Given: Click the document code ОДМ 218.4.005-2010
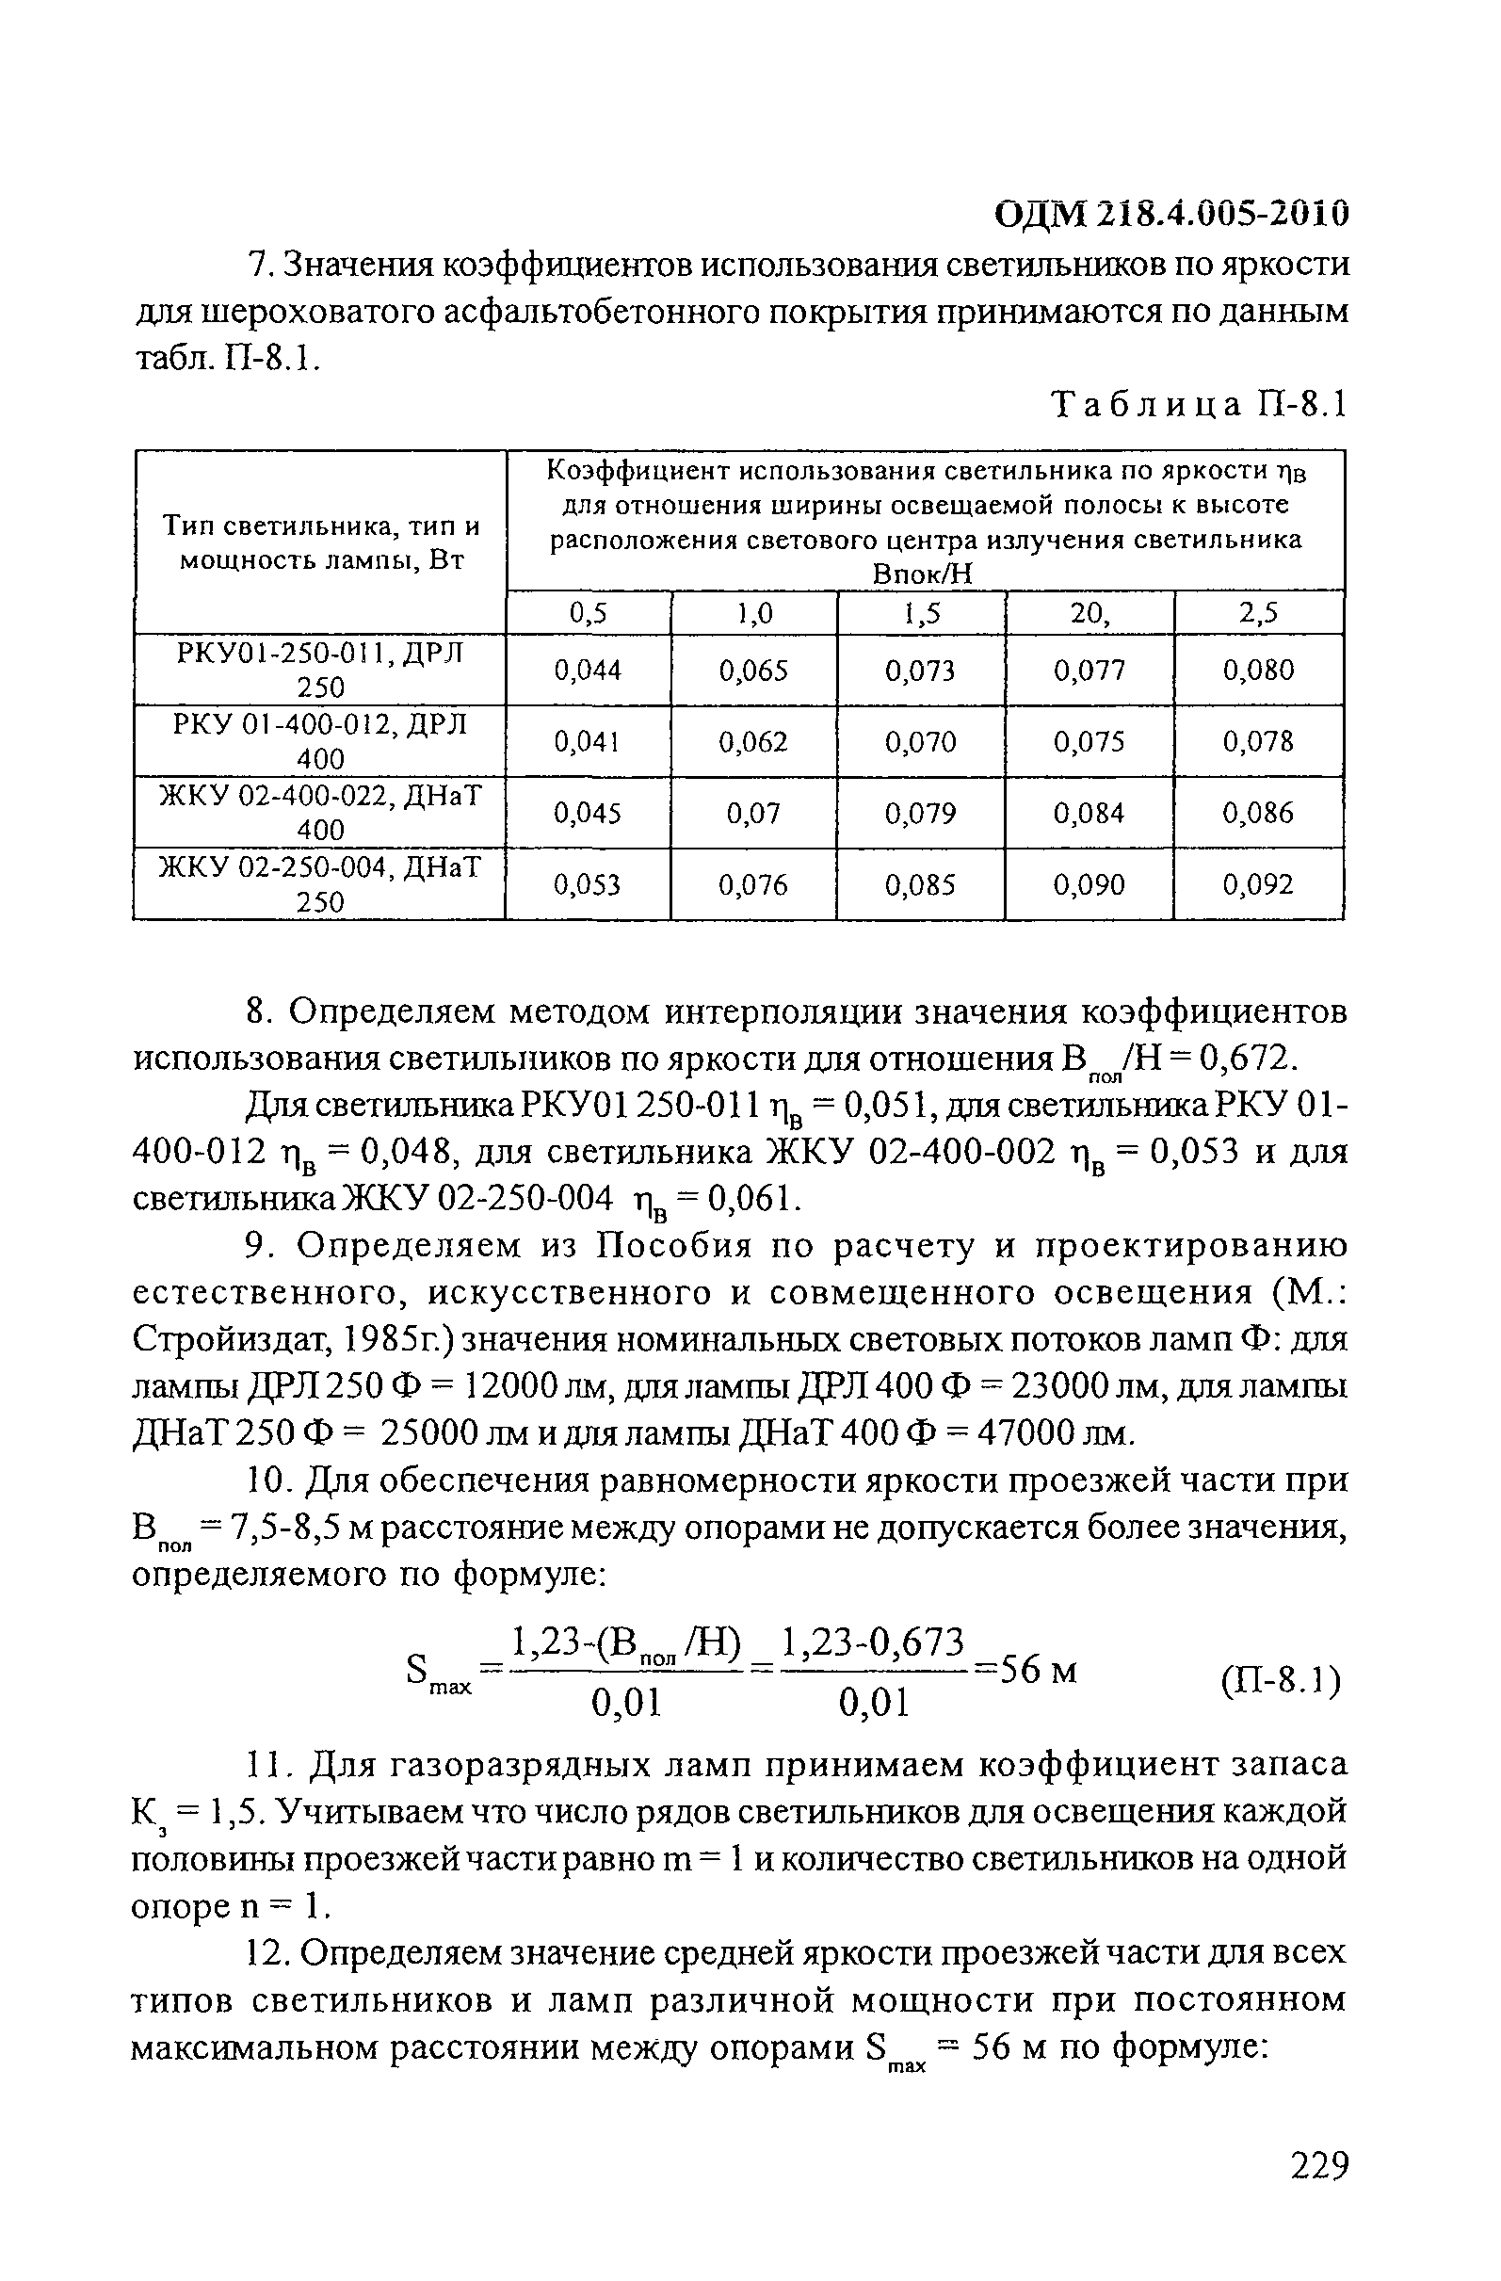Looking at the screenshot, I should coord(1171,213).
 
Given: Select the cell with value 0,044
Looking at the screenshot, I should coord(588,670).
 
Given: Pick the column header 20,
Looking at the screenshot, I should coord(1089,613).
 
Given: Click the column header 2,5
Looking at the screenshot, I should coord(1258,613).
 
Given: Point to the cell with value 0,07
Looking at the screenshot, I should coord(753,814).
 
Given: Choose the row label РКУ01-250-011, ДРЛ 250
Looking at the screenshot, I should coord(320,670).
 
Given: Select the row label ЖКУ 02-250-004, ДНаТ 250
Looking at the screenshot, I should coord(320,884).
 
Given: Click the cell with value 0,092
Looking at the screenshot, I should coord(1258,884).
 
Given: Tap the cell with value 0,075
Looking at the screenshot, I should coord(1089,742).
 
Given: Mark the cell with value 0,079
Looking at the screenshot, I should coord(921,814).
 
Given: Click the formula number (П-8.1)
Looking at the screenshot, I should coord(1281,1681).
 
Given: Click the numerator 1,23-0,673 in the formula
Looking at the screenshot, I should coord(872,1642).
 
